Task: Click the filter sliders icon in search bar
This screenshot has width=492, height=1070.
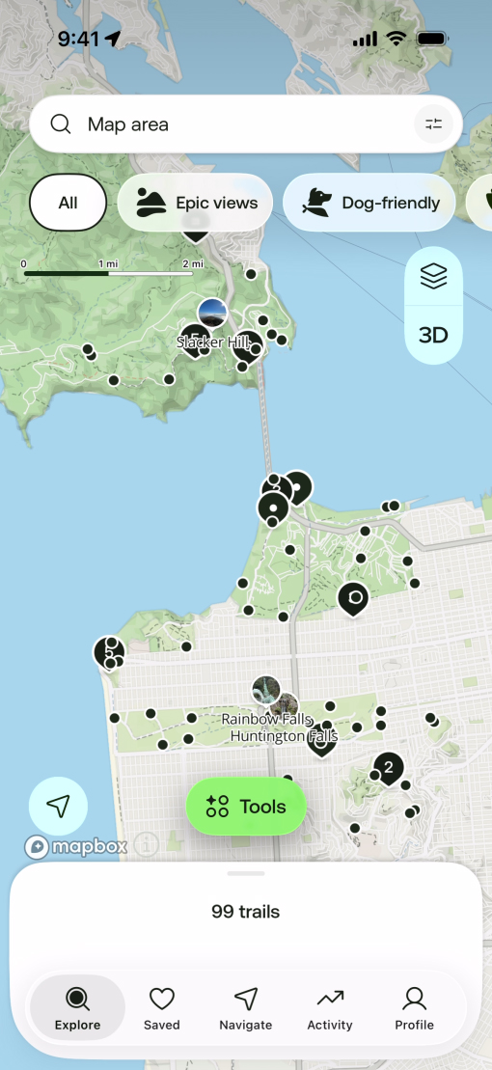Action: [x=433, y=123]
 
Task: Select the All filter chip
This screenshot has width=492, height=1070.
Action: [x=68, y=203]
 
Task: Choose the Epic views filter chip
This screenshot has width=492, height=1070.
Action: [x=196, y=203]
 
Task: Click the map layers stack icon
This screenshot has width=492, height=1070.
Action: [x=433, y=277]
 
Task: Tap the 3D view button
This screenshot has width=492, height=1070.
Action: [x=433, y=335]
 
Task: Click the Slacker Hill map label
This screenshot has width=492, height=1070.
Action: [x=214, y=342]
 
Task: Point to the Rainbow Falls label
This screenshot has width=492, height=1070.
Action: [x=264, y=719]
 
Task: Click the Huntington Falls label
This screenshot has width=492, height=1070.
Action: [x=284, y=736]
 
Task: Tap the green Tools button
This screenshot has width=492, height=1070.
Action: [x=246, y=807]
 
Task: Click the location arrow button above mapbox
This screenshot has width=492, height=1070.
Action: [x=58, y=806]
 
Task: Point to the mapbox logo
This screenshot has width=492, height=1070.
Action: [x=77, y=847]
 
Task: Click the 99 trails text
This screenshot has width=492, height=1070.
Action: [x=246, y=911]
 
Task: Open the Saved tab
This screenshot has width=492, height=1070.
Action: [x=162, y=1008]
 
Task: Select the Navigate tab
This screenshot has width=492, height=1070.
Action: [x=246, y=1008]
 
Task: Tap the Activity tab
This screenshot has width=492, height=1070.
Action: [x=330, y=1008]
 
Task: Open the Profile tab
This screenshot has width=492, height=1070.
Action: [x=414, y=1008]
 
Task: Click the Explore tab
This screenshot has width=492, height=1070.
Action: [x=77, y=1008]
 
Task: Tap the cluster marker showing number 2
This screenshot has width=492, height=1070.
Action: [x=388, y=768]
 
